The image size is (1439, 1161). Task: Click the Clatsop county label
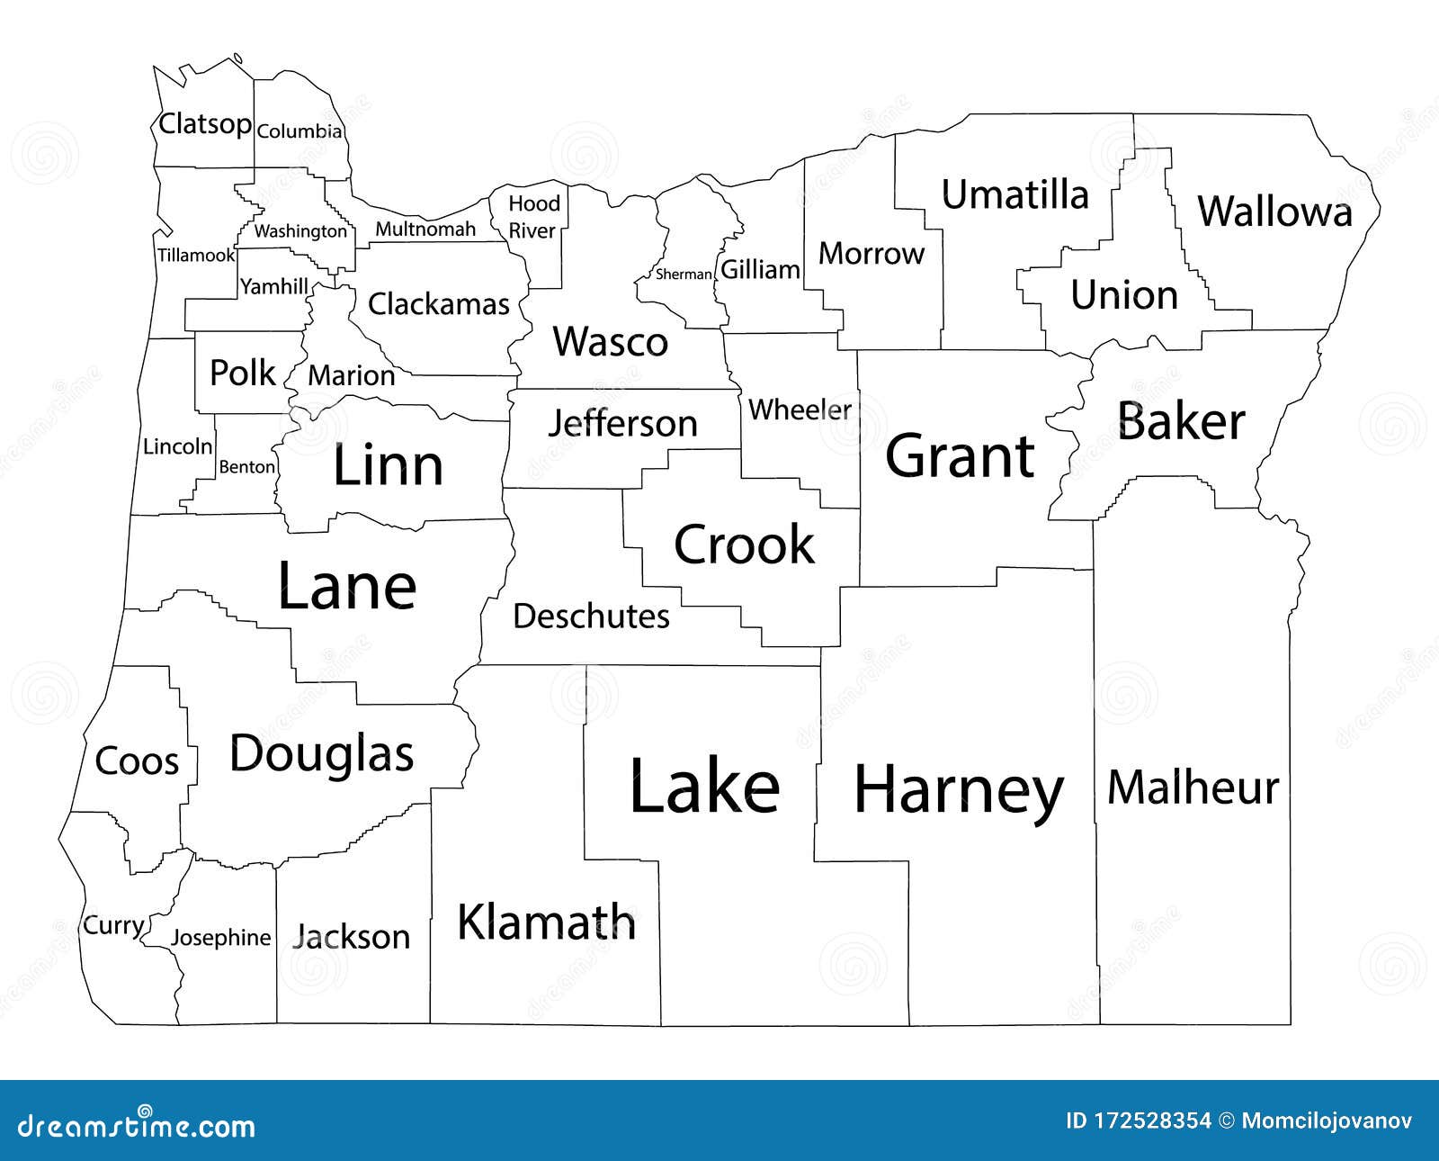(x=204, y=123)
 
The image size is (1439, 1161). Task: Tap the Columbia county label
(x=299, y=131)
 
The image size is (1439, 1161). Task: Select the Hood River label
(x=533, y=217)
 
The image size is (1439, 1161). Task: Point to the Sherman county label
(x=684, y=274)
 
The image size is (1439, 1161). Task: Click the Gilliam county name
(x=760, y=269)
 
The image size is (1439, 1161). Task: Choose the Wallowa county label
(x=1274, y=211)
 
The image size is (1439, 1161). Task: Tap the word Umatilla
(x=1014, y=194)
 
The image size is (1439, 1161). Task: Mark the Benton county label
(x=247, y=466)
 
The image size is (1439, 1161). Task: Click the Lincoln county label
(x=178, y=445)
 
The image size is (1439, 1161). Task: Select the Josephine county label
(x=220, y=938)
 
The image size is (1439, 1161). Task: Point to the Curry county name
(x=113, y=925)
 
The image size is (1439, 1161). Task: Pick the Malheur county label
(x=1193, y=787)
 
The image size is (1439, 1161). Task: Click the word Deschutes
(x=591, y=616)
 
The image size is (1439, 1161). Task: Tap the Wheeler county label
(x=800, y=409)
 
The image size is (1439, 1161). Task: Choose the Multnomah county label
(x=425, y=229)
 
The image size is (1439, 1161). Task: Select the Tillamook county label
(x=196, y=255)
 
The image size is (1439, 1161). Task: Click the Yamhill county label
(x=274, y=286)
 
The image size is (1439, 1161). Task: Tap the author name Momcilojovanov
(x=1327, y=1120)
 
